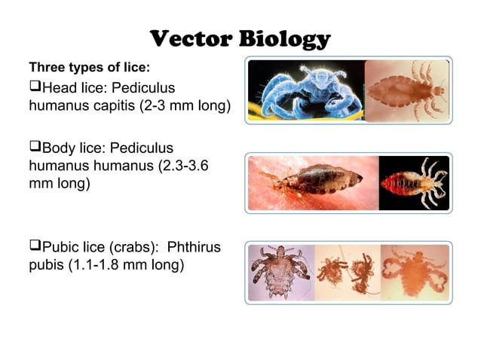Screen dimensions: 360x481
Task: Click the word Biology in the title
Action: [284, 39]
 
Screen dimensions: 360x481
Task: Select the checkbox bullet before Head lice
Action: [35, 86]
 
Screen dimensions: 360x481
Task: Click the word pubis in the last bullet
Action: [46, 265]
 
